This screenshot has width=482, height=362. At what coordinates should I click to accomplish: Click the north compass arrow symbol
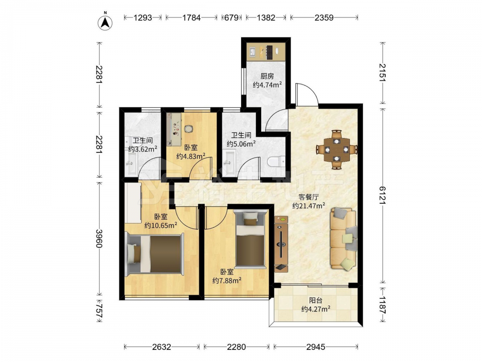(x=105, y=22)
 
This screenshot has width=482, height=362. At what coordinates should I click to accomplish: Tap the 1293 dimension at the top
(x=143, y=17)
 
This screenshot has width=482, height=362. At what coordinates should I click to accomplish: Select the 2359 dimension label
(x=324, y=17)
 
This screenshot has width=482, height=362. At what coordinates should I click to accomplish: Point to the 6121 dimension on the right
(x=382, y=195)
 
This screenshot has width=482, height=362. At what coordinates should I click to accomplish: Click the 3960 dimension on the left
(x=99, y=238)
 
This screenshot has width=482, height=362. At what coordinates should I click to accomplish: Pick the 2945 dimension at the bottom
(x=316, y=347)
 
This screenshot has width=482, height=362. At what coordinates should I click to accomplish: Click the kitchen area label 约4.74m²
(x=268, y=84)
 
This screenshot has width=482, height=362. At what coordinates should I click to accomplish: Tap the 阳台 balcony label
(x=316, y=300)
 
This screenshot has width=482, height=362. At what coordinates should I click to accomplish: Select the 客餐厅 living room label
(x=308, y=197)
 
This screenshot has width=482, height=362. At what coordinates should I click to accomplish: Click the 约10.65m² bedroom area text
(x=161, y=225)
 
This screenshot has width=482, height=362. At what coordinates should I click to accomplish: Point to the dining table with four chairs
(x=337, y=150)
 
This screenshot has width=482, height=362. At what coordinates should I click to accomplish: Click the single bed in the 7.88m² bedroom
(x=250, y=238)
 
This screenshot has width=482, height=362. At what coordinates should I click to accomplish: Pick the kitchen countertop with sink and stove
(x=266, y=52)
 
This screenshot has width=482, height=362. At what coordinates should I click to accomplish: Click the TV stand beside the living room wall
(x=281, y=244)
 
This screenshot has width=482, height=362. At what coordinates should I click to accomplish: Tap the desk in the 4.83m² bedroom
(x=174, y=129)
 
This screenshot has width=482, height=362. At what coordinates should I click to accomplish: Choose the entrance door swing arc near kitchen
(x=308, y=94)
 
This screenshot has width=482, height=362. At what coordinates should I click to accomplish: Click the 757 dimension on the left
(x=99, y=310)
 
